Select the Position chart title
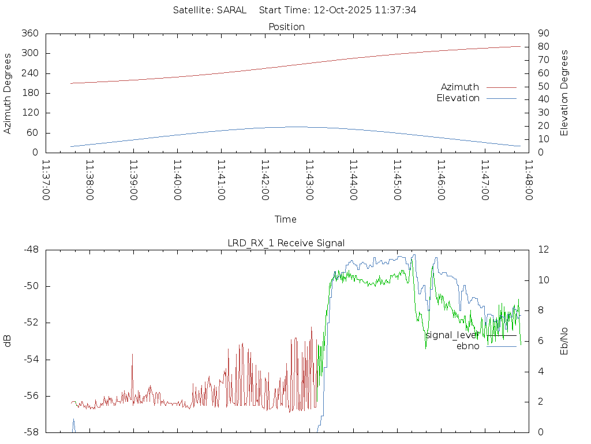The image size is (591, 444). (286, 27)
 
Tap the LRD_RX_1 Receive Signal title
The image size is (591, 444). (286, 243)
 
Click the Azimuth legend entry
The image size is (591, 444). (460, 87)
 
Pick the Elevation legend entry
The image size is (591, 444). (458, 98)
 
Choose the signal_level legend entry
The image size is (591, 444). (451, 335)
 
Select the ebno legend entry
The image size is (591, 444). (468, 346)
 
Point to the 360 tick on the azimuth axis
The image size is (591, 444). (29, 34)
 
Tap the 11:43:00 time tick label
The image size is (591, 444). (309, 180)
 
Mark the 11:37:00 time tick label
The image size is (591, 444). (46, 180)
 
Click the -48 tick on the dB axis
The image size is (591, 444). (31, 250)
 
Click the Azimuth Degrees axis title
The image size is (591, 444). (8, 93)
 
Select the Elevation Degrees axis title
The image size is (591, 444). (564, 93)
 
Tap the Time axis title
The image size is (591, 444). (286, 219)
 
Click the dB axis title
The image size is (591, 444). (8, 341)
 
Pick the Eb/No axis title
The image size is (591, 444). (564, 341)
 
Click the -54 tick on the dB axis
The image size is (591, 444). (31, 360)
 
